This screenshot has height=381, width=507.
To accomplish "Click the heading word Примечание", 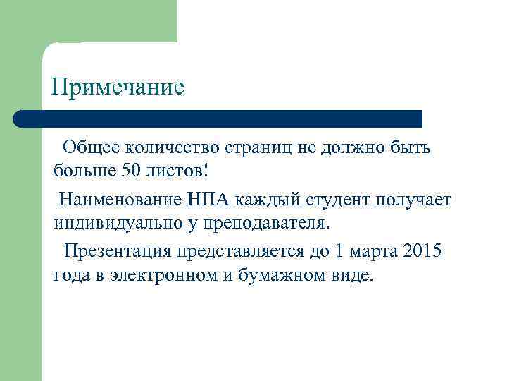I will point(118,87).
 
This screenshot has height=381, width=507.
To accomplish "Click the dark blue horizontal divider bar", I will point(218,119).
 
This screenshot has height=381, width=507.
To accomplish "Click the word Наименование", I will point(122,200).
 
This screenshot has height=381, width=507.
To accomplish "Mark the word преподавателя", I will point(268,224).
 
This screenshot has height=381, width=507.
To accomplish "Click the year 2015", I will point(423,252).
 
